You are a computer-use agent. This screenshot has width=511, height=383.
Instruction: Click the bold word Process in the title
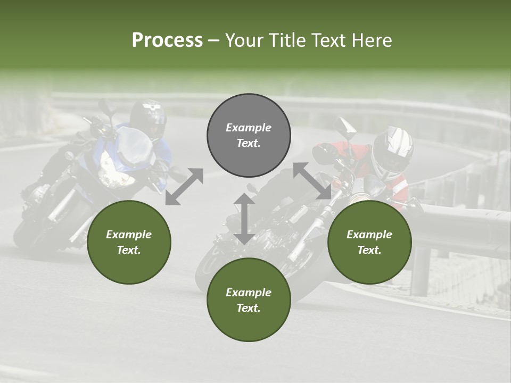coord(167,40)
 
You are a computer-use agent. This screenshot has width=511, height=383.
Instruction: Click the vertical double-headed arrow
coord(244,219)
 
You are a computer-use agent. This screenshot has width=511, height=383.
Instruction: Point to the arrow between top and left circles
coord(184,186)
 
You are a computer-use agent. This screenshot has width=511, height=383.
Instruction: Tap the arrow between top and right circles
coord(312,181)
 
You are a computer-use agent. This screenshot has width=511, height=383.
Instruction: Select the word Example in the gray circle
coord(249,128)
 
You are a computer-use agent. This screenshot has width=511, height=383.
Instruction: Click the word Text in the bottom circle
coord(248,308)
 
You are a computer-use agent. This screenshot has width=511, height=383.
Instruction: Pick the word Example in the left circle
coord(129,235)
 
